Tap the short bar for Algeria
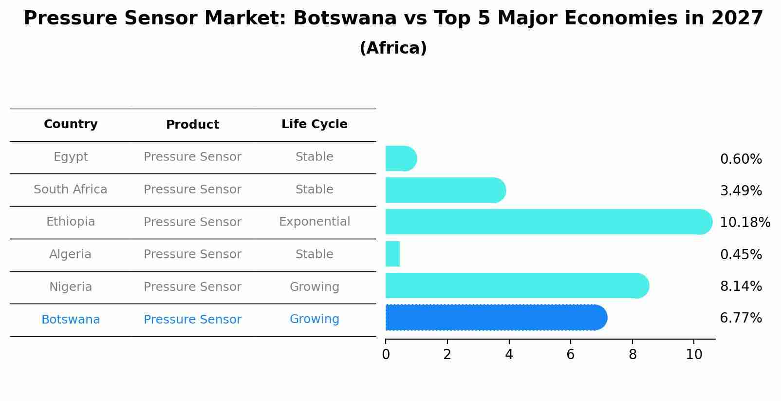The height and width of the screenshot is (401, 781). click(x=392, y=254)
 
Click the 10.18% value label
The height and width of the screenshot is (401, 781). click(x=744, y=223)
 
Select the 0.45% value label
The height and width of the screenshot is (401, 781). click(x=741, y=254)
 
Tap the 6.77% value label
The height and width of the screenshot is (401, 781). click(x=741, y=318)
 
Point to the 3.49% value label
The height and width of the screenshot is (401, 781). click(x=741, y=191)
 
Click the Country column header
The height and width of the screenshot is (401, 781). click(x=71, y=124)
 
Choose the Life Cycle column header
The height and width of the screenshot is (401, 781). click(x=314, y=124)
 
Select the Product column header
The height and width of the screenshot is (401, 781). click(x=192, y=125)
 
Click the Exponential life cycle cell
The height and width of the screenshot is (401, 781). click(x=314, y=222)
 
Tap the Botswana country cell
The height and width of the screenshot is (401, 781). click(x=71, y=320)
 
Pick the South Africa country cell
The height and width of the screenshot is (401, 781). click(x=71, y=190)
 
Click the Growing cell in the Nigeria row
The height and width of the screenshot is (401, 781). click(x=314, y=287)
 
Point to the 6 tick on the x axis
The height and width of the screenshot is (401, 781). click(x=571, y=354)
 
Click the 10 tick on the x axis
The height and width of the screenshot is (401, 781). click(x=694, y=354)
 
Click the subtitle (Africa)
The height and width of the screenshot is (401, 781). click(x=393, y=48)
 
